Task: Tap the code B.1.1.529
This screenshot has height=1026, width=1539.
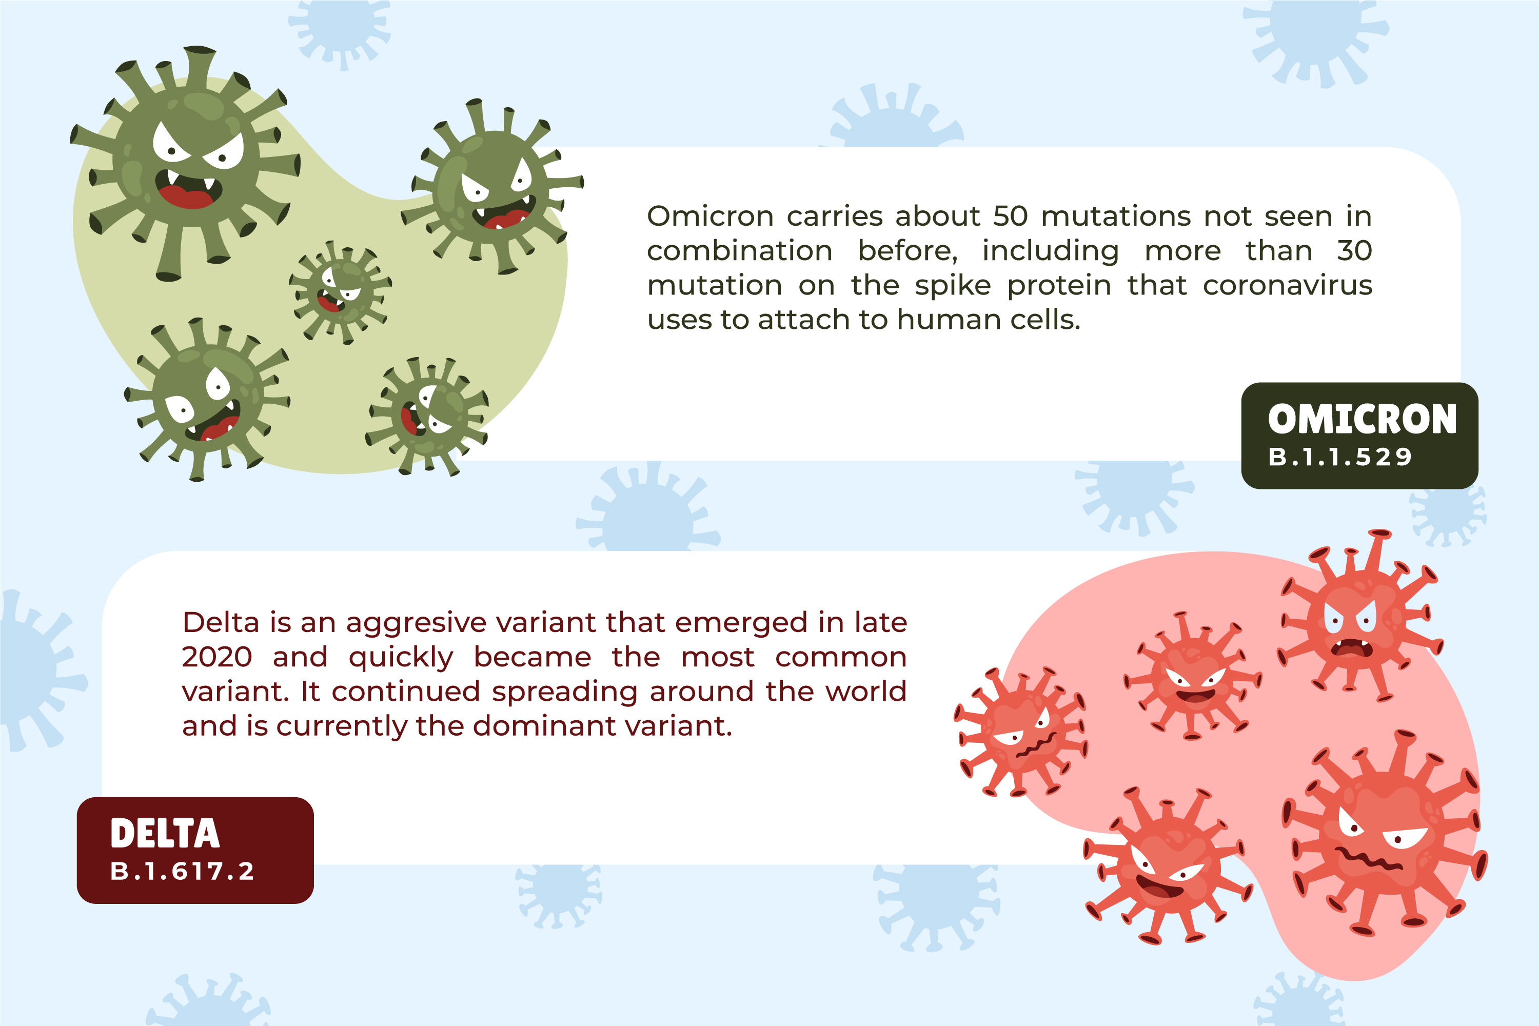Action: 1339,457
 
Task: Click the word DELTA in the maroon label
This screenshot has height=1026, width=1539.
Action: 165,834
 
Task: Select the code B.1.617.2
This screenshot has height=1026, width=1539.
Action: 182,872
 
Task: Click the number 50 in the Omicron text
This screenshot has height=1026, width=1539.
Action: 1010,216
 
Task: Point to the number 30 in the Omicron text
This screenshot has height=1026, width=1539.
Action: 1354,251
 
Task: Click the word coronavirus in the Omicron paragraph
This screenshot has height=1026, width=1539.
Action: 1287,286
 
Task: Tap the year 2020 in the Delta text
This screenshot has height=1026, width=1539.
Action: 216,658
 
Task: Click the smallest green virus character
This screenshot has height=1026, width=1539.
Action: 340,292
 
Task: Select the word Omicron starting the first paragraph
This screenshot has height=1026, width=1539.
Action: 710,216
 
